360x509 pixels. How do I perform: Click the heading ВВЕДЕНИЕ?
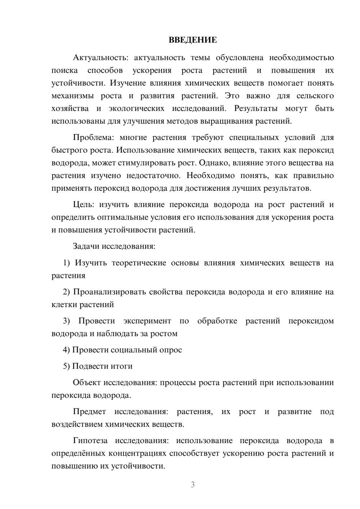[x=193, y=40]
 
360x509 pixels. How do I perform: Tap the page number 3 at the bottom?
[x=193, y=485]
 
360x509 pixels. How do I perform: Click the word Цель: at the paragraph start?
[x=84, y=205]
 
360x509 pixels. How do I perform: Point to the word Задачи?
[x=86, y=247]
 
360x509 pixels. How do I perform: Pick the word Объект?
[x=87, y=382]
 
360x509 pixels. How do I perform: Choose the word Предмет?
[x=89, y=411]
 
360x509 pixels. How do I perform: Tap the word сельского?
[x=315, y=96]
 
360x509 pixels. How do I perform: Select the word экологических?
[x=136, y=108]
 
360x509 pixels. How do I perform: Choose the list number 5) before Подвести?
[x=67, y=366]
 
